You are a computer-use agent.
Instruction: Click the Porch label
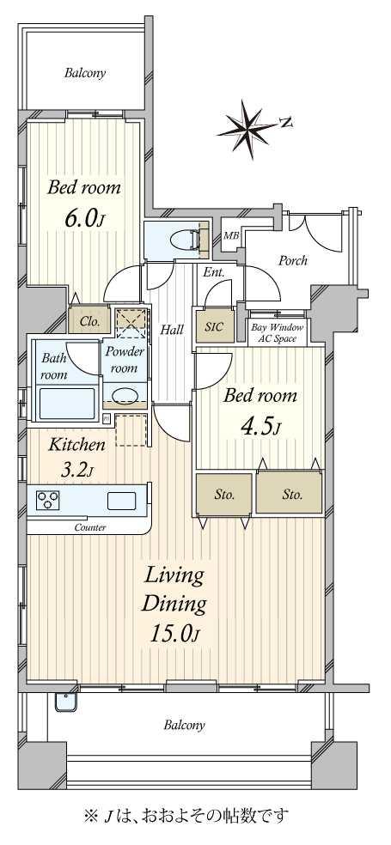[x=293, y=261]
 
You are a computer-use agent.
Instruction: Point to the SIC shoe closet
[x=215, y=326]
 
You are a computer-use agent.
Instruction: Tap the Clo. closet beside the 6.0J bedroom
[x=89, y=322]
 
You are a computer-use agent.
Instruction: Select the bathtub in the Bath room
[x=67, y=402]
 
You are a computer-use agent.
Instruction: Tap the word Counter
[x=90, y=527]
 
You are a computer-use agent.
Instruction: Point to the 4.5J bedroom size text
[x=259, y=428]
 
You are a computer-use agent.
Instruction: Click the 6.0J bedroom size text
[x=83, y=219]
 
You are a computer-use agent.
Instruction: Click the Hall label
[x=173, y=329]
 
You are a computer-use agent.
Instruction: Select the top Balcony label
[x=85, y=73]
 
